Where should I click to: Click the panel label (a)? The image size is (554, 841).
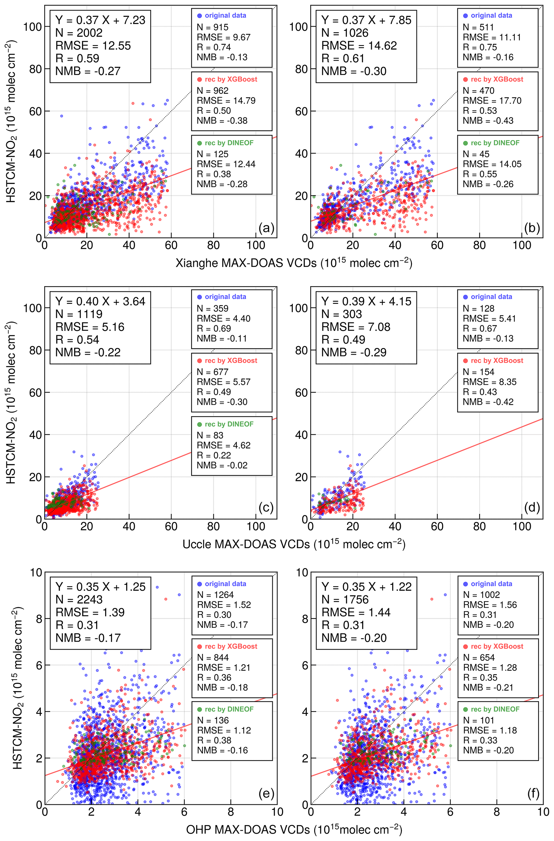[266, 228]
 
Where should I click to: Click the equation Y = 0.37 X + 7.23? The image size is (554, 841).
[100, 20]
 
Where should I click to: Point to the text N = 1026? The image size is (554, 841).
[345, 33]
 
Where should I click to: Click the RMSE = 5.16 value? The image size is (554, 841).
[90, 327]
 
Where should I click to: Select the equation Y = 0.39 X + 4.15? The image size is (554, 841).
[366, 301]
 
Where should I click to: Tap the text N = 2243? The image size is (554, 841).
[79, 599]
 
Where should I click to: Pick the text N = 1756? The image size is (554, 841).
[345, 599]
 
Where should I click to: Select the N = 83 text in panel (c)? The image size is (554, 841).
[210, 435]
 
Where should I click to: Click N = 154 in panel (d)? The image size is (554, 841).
[479, 372]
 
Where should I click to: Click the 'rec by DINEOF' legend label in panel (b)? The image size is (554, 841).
[495, 143]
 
